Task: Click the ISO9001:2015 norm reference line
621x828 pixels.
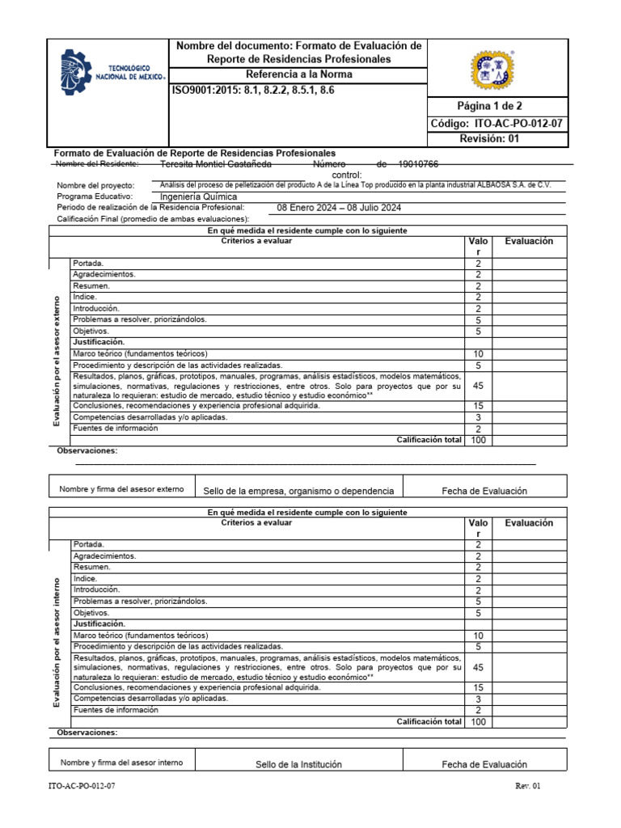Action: pos(252,91)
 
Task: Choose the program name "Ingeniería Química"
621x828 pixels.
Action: pos(199,196)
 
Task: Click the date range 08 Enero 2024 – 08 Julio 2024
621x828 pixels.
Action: pos(339,208)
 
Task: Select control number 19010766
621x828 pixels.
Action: pos(413,164)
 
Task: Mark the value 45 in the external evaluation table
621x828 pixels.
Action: pos(478,386)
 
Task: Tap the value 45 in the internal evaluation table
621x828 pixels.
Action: pos(478,667)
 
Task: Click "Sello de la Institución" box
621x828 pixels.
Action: pos(298,764)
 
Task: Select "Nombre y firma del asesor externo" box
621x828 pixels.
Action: pos(121,489)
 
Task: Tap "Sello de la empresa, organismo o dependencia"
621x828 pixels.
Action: pos(298,491)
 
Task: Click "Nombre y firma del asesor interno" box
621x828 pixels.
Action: pos(121,763)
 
